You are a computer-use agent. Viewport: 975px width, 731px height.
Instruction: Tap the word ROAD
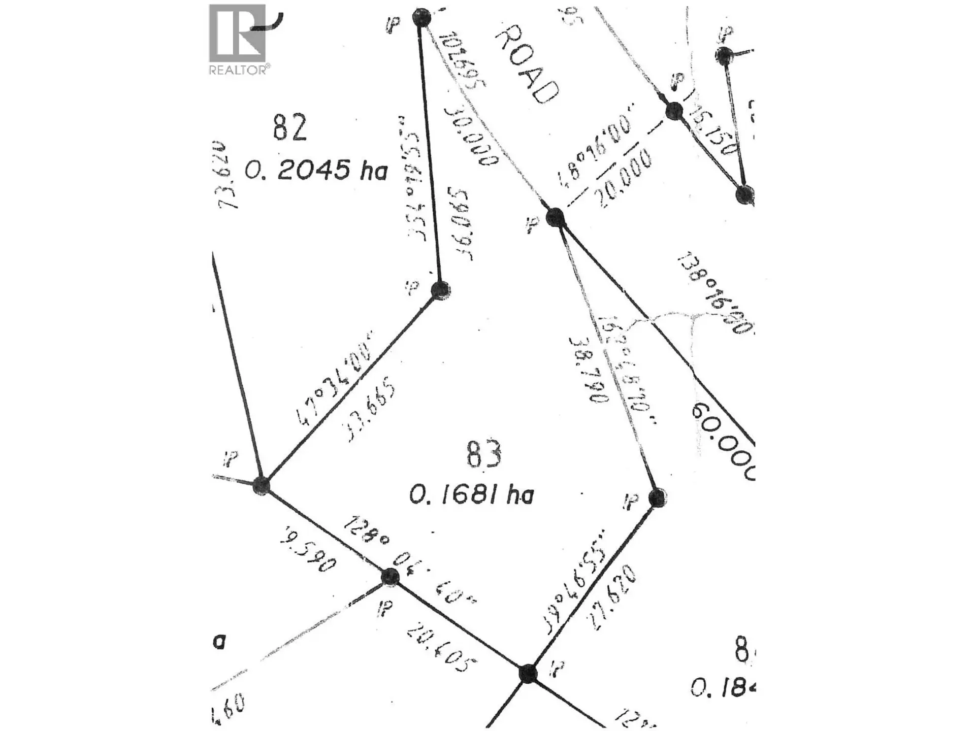[x=527, y=65]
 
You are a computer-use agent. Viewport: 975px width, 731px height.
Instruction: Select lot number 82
[x=289, y=127]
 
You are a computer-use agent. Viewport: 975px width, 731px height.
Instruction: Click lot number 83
[x=484, y=454]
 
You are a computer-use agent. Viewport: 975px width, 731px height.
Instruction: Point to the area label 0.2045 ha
[x=316, y=170]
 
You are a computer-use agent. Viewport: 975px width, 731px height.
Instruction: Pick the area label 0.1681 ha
[x=472, y=494]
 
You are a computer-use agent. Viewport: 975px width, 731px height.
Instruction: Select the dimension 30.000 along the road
[x=471, y=136]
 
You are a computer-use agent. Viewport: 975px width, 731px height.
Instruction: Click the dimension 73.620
[x=227, y=175]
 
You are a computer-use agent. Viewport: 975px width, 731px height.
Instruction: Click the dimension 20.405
[x=442, y=650]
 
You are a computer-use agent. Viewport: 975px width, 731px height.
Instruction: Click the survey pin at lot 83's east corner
[x=657, y=497]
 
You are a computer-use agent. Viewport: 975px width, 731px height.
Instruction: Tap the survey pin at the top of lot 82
[x=421, y=18]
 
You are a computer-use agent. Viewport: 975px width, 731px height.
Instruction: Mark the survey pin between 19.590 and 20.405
[x=389, y=577]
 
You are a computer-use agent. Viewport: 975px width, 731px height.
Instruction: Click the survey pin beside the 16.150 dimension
[x=674, y=111]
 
